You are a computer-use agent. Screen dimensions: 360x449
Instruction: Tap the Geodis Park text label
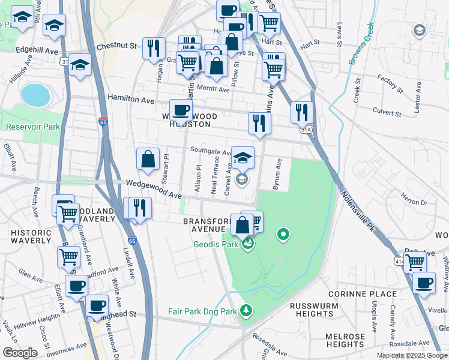pos(217,244)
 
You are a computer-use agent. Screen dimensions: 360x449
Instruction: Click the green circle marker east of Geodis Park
pos(283,234)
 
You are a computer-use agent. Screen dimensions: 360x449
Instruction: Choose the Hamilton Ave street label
pos(131,98)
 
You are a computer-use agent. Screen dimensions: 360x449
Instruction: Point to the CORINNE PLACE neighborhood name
pos(363,294)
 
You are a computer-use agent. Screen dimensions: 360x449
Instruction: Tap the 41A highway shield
pos(399,261)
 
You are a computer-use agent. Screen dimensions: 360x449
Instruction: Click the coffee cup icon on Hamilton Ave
pos(181,110)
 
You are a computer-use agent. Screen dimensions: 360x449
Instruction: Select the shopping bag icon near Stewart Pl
pos(148,159)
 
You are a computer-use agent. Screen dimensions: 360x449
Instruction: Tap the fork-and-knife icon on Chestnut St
pos(154,48)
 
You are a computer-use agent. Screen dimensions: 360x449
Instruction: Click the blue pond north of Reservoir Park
pos(34,95)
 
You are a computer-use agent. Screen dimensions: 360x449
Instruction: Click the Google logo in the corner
pos(19,353)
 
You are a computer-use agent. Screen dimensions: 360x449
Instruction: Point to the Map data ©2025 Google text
pos(412,355)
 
